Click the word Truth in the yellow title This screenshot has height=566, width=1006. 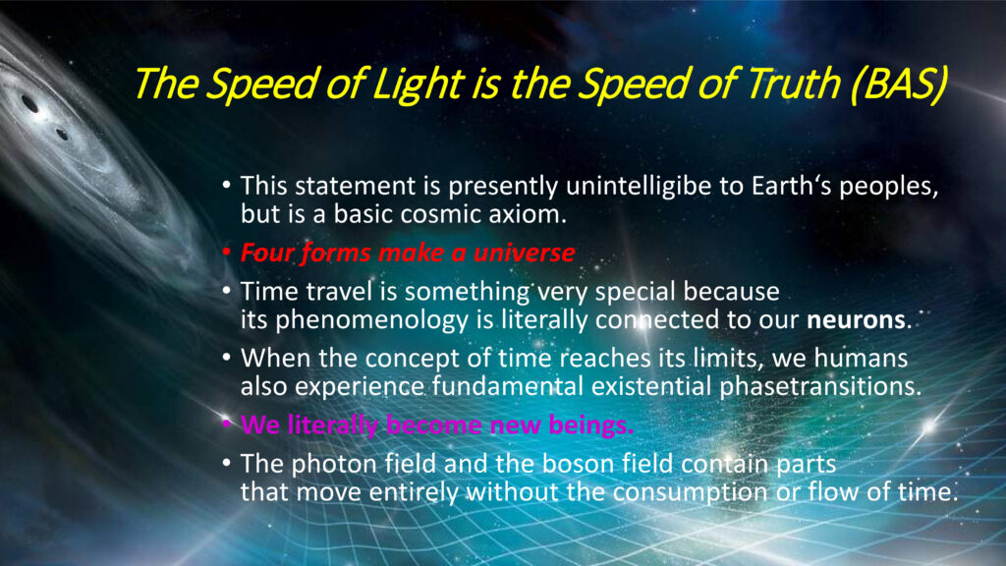pyautogui.click(x=794, y=85)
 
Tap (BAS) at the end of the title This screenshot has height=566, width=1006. pyautogui.click(x=899, y=85)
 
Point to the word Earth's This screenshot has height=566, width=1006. pyautogui.click(x=792, y=186)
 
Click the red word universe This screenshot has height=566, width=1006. pyautogui.click(x=525, y=253)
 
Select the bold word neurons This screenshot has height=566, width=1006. pyautogui.click(x=856, y=319)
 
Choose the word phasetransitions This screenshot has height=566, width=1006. pyautogui.click(x=820, y=386)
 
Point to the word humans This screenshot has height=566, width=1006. pyautogui.click(x=861, y=358)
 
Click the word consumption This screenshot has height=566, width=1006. pyautogui.click(x=691, y=492)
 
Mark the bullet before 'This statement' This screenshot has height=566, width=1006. pyautogui.click(x=226, y=186)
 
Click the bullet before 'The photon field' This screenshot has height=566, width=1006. pyautogui.click(x=226, y=463)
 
